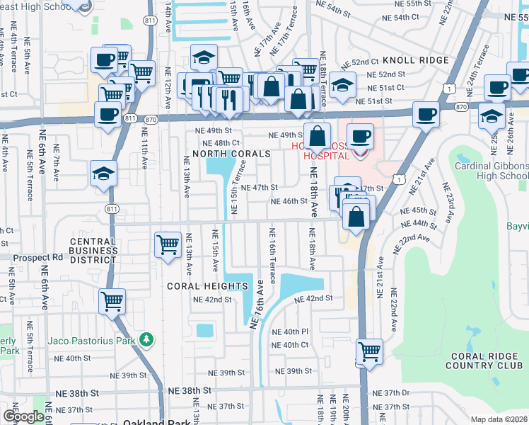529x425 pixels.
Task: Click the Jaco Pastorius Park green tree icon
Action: click(146, 341)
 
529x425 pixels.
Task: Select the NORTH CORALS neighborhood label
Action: click(231, 154)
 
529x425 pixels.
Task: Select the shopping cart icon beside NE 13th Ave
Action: click(168, 245)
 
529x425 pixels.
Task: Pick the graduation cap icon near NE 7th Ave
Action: click(103, 173)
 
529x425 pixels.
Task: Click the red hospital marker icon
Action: click(361, 152)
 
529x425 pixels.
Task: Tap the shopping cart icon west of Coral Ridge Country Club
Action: click(369, 350)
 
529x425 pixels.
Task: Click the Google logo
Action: click(23, 416)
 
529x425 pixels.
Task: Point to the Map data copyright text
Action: click(499, 419)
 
